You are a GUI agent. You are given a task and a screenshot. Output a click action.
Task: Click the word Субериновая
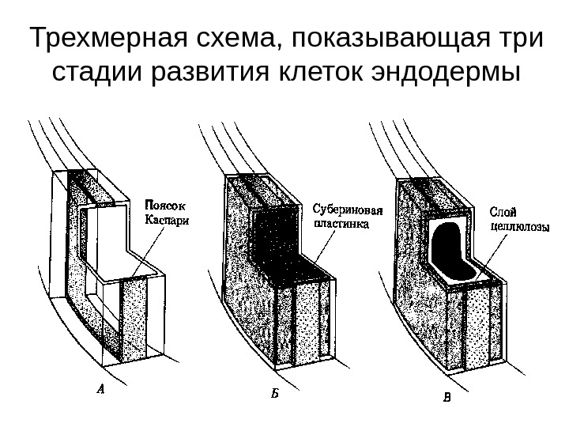[x=349, y=210]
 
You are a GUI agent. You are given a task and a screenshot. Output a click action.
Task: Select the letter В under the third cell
[x=447, y=397]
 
